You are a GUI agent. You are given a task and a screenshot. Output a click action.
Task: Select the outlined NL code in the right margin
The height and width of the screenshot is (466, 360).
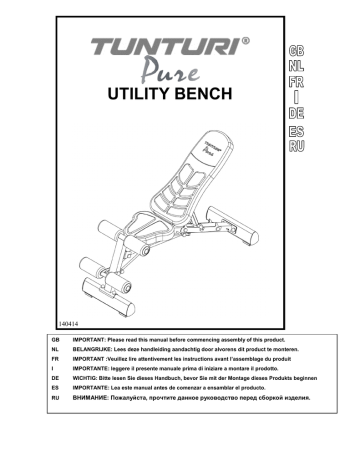pyautogui.click(x=295, y=66)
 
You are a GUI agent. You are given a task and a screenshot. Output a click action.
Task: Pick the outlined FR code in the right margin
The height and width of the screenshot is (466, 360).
pyautogui.click(x=295, y=82)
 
